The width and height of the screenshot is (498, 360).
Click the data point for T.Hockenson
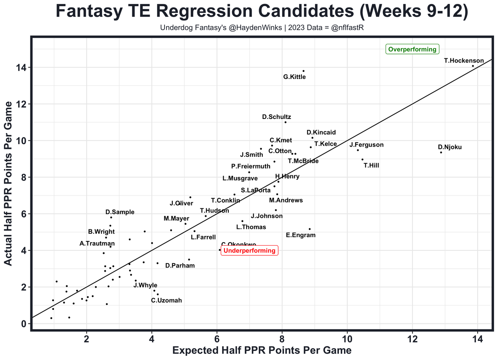[x=473, y=66]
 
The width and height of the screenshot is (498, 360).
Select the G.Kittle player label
[x=295, y=77]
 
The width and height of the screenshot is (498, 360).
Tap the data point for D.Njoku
[x=441, y=152]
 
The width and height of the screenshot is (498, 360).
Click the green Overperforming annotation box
[x=412, y=49]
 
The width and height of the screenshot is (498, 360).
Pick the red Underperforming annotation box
[x=249, y=251]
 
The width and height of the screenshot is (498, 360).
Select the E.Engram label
[x=300, y=235]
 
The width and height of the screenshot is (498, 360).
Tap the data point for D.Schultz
[x=285, y=122]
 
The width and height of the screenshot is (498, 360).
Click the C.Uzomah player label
[x=167, y=301]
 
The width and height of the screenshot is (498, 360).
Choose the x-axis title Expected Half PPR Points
[x=262, y=350]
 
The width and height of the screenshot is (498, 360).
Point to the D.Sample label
[x=120, y=212]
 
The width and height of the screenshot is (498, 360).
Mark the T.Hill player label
[x=371, y=166]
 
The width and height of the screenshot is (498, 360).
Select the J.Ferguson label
[x=366, y=145]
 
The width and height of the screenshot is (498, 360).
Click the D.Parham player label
[x=180, y=266]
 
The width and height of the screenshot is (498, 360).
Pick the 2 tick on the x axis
[x=87, y=339]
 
